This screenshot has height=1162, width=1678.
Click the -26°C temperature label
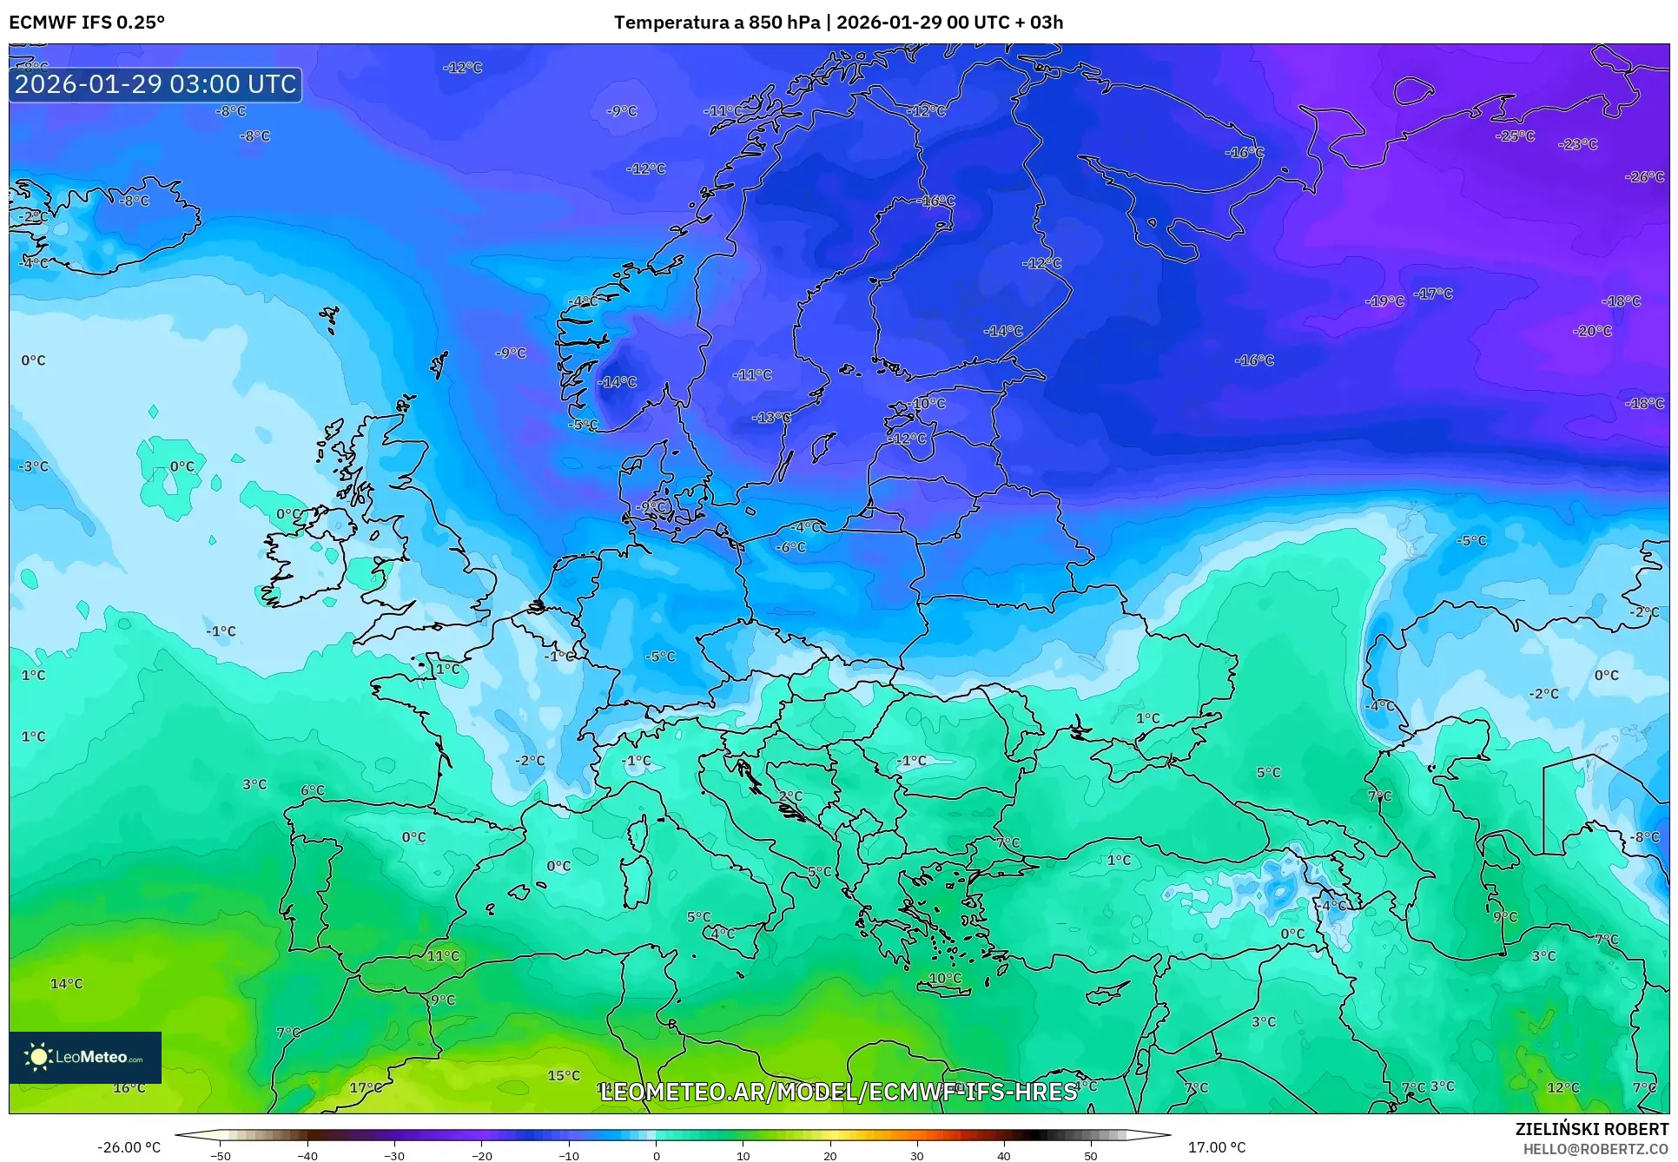click(1644, 176)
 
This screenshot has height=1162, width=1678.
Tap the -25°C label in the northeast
click(1515, 136)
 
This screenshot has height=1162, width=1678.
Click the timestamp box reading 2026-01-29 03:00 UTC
click(155, 84)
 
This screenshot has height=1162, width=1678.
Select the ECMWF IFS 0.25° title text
click(87, 23)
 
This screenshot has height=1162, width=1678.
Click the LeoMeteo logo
click(85, 1057)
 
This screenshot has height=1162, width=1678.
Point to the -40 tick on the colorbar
click(307, 1155)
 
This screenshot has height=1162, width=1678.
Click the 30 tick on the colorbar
click(917, 1155)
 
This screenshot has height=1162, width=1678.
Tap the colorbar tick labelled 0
click(656, 1155)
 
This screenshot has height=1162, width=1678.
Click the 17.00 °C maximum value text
click(1216, 1147)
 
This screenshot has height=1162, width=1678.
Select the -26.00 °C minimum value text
click(129, 1147)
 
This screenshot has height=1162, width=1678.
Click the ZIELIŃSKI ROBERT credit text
click(1592, 1129)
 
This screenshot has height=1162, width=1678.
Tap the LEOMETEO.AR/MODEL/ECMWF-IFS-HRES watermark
click(838, 1092)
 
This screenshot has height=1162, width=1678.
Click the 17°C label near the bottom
click(365, 1087)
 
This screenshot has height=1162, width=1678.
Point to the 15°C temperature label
click(564, 1075)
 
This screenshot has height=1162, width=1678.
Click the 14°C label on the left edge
click(67, 984)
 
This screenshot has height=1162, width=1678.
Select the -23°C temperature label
click(1577, 144)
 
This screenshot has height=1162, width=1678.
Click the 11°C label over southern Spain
click(443, 955)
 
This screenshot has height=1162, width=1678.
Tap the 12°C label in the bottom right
click(1562, 1087)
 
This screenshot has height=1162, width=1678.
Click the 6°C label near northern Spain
click(313, 790)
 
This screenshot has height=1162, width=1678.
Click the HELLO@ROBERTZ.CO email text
click(1595, 1149)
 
